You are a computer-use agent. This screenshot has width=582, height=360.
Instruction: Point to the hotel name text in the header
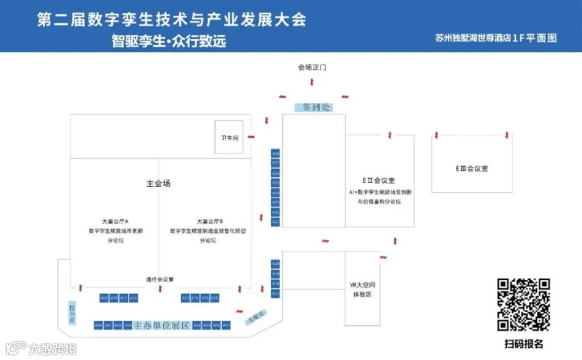pos(496,39)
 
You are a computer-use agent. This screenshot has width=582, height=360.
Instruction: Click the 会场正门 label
pos(312,68)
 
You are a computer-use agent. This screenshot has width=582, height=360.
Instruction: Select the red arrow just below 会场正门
pos(312,82)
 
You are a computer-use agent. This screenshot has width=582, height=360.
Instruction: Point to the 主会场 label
pos(159,183)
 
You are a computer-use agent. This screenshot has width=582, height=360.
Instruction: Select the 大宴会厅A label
pos(115,221)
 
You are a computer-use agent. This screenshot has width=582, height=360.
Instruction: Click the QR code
pos(524,304)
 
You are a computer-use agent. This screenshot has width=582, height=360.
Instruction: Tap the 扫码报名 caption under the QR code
pos(524,344)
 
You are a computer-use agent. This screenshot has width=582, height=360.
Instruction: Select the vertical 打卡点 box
pos(72,312)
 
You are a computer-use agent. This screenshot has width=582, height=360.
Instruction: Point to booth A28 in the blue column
pos(275,153)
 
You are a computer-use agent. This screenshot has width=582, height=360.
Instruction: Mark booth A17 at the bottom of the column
pos(275,294)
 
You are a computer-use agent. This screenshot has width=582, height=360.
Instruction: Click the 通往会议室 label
pos(159,279)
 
